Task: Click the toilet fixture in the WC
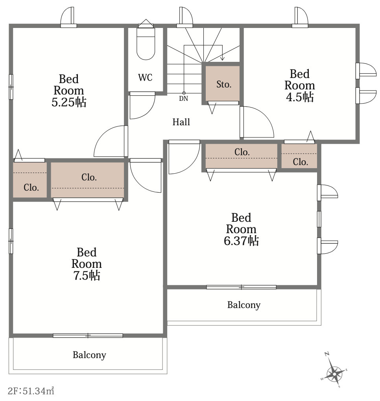coord(146,43)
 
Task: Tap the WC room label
coord(145,78)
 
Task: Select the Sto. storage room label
coord(224,84)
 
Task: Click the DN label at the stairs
coord(183,98)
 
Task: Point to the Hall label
coord(181,122)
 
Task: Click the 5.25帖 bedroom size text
coord(69,102)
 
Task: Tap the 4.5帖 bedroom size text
coord(300,97)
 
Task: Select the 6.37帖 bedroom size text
coord(241,241)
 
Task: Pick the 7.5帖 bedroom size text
coord(87,275)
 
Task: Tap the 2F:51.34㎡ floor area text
coord(31,391)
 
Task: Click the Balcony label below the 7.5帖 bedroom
coord(89,355)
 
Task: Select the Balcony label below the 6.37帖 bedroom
coord(243,305)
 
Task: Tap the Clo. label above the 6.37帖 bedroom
coord(242,152)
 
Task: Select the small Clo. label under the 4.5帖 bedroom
coord(300,162)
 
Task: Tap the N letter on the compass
coord(327,354)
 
